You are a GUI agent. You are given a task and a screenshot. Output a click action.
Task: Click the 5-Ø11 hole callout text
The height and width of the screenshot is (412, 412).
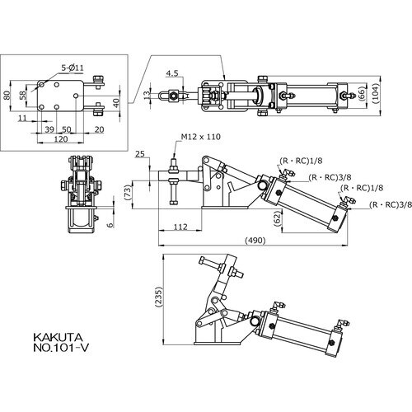[x=73, y=68]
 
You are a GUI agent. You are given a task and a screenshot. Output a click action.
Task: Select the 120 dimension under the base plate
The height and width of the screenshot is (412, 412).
[x=60, y=139]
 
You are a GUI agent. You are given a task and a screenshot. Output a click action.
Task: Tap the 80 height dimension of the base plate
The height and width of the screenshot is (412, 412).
[x=7, y=95]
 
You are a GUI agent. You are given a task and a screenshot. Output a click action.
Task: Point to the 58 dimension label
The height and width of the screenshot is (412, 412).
[x=23, y=95]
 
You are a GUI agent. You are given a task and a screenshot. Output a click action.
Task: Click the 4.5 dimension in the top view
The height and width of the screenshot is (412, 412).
[x=172, y=73]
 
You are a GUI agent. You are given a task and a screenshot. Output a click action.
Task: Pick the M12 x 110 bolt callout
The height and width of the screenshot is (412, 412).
[x=201, y=137]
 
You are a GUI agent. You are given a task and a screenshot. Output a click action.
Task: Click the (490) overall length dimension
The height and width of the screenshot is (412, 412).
[x=255, y=241]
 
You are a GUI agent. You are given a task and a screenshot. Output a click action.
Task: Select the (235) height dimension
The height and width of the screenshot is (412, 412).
[x=158, y=297]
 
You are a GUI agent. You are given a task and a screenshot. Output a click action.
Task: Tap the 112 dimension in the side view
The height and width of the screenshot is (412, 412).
[x=180, y=227]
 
